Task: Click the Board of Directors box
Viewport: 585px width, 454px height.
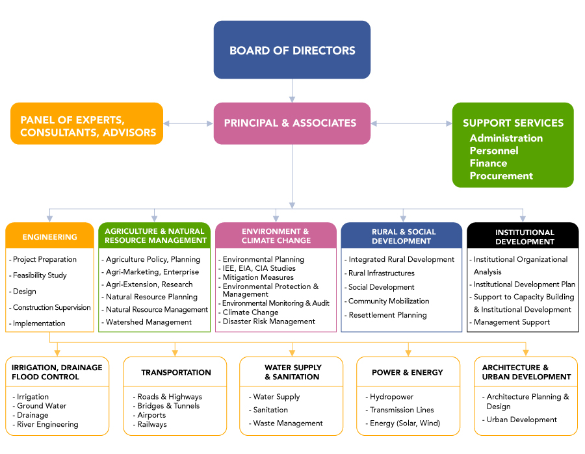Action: coord(292,50)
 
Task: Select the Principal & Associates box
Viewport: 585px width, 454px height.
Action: coord(292,123)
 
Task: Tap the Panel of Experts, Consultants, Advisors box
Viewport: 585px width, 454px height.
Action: coord(87,126)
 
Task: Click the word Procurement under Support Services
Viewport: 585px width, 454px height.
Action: coord(501,175)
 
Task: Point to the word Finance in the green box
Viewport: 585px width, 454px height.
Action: coord(488,163)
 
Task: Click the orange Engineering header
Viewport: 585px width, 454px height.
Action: coord(49,236)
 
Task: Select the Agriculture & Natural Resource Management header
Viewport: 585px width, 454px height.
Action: coord(155,236)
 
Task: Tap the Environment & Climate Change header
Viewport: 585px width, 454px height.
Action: coord(276,236)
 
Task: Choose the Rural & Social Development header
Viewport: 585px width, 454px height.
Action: coord(402,236)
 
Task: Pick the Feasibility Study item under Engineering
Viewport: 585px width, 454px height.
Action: coord(40,275)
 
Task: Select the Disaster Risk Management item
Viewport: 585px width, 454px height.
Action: coord(268,322)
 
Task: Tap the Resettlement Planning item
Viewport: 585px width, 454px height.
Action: coord(387,315)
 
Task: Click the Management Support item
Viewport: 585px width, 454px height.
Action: coord(512,322)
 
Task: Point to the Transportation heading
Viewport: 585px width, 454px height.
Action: coord(175,372)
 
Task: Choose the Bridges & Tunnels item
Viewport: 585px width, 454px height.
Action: coord(168,406)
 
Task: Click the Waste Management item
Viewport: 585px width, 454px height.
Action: coord(288,423)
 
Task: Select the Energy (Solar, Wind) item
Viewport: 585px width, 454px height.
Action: coord(404,423)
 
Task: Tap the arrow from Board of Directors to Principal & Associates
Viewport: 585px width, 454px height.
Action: coord(292,91)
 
